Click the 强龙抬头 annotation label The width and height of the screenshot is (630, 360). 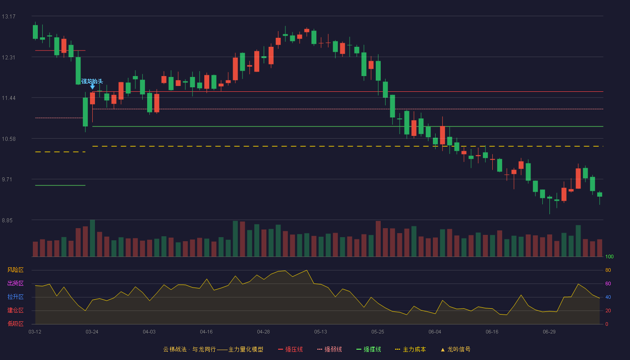(x=92, y=81)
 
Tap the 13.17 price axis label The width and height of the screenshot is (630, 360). (x=9, y=17)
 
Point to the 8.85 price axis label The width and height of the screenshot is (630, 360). (x=7, y=220)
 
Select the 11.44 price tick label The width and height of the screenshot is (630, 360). (x=9, y=98)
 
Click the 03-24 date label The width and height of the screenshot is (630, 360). (x=92, y=332)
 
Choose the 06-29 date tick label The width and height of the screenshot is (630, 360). (x=549, y=332)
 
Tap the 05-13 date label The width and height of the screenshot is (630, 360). (x=320, y=332)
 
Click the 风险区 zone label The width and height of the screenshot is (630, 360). (x=15, y=270)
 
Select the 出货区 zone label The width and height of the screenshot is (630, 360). (x=15, y=283)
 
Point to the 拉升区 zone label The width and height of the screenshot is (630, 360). (x=15, y=297)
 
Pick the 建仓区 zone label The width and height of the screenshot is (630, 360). (x=15, y=310)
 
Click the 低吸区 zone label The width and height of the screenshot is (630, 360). (x=15, y=324)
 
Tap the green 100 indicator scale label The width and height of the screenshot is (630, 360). (x=609, y=256)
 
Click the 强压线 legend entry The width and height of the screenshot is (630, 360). (x=290, y=349)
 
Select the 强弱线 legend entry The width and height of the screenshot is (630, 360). (x=329, y=349)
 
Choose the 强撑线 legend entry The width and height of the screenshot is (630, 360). (x=369, y=349)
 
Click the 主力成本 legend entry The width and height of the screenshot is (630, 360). (x=410, y=349)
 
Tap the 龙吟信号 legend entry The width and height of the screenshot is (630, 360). (x=455, y=349)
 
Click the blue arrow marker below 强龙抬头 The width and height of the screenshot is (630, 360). (x=92, y=87)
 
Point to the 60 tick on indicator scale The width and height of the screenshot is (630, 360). (x=608, y=283)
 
